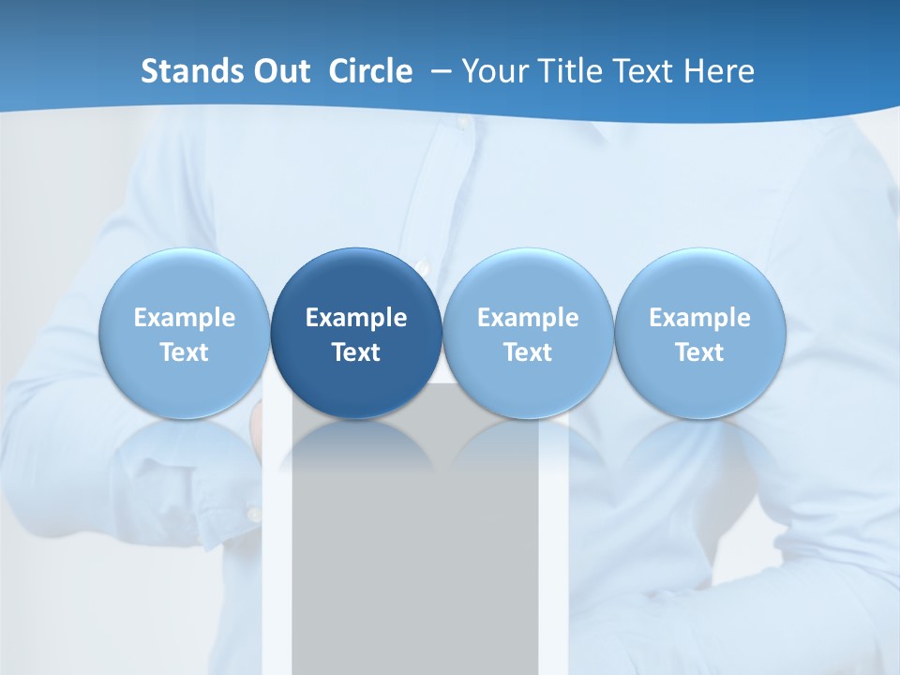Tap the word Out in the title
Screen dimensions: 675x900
pyautogui.click(x=281, y=71)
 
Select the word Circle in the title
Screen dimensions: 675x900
pyautogui.click(x=370, y=71)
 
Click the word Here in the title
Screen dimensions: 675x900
pyautogui.click(x=720, y=71)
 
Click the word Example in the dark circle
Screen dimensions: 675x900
pyautogui.click(x=356, y=318)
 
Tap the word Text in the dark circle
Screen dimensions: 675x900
pyautogui.click(x=356, y=352)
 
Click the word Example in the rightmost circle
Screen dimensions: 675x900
pyautogui.click(x=699, y=318)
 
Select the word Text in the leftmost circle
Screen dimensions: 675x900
pyautogui.click(x=184, y=352)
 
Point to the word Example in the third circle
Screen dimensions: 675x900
pyautogui.click(x=528, y=318)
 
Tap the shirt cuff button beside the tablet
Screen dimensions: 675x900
pyautogui.click(x=253, y=514)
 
